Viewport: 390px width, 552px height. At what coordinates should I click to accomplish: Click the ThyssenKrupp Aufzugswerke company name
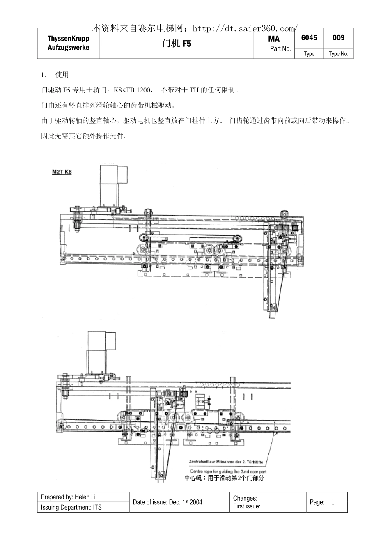(68, 43)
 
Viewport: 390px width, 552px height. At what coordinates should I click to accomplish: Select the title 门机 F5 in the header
(177, 44)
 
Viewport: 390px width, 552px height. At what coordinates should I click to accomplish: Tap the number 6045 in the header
(309, 38)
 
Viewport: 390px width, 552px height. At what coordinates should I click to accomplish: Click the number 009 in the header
(338, 38)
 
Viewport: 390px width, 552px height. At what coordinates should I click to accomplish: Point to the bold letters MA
(274, 39)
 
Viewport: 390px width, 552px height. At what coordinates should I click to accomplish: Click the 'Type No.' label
(338, 54)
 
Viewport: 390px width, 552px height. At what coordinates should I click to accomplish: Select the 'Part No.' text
(280, 49)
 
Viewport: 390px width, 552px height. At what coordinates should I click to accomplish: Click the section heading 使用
(62, 75)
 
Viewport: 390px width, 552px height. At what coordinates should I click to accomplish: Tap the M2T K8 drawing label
(62, 172)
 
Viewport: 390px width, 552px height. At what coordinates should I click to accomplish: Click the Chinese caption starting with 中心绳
(224, 478)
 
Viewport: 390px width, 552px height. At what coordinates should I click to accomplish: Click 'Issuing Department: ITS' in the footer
(71, 507)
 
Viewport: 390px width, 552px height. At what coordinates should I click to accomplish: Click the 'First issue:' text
(246, 506)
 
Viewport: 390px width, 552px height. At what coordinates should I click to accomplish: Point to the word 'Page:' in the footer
(317, 502)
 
